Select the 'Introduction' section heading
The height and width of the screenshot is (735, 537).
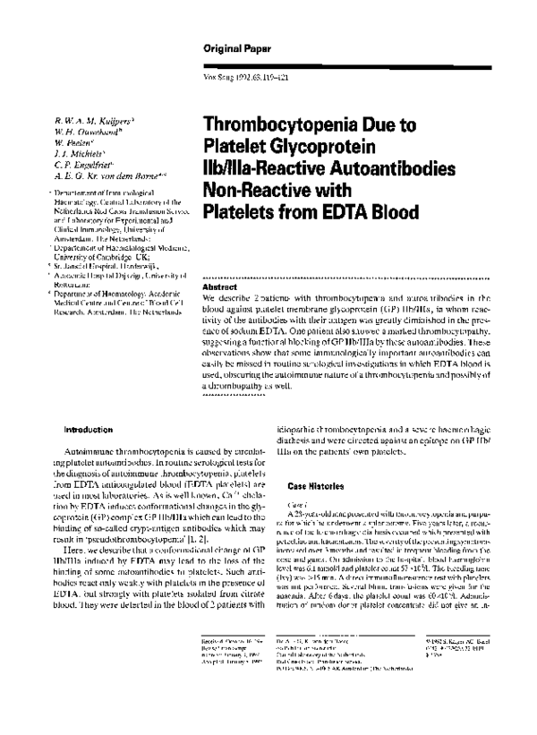(x=88, y=429)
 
